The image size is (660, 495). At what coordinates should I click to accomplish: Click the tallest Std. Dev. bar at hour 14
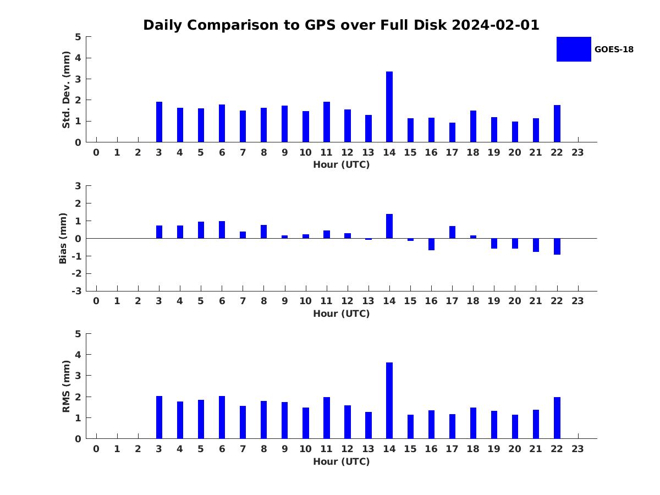(x=389, y=107)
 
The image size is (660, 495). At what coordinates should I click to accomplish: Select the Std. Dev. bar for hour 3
(x=159, y=122)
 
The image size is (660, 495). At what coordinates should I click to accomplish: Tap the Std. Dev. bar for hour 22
(x=557, y=124)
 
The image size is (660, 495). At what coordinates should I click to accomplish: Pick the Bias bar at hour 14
(x=389, y=226)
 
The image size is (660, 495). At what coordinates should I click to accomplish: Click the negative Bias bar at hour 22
(x=557, y=246)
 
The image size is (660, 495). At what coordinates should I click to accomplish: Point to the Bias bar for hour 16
(x=431, y=244)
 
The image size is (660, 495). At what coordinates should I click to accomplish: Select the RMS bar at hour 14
(x=389, y=400)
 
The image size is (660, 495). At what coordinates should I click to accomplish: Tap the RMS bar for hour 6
(x=222, y=417)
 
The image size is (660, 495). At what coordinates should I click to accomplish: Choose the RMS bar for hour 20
(x=515, y=427)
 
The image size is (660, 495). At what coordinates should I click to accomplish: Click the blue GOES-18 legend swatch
(x=574, y=50)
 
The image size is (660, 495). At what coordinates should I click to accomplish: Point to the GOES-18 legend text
(x=614, y=50)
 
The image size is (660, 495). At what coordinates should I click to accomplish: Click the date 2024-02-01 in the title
(x=496, y=25)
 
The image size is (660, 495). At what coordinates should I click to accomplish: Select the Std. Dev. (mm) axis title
(x=66, y=90)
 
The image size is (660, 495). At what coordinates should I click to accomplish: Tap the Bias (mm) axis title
(x=63, y=238)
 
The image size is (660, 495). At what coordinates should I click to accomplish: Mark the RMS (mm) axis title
(x=66, y=386)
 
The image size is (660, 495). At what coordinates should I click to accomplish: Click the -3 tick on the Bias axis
(x=76, y=291)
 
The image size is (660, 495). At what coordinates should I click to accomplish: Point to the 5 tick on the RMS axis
(x=78, y=334)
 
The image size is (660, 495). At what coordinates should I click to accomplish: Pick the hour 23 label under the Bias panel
(x=577, y=301)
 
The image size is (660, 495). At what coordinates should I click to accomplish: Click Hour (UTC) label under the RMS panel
(x=342, y=461)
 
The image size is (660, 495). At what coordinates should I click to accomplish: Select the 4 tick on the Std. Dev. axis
(x=78, y=58)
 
